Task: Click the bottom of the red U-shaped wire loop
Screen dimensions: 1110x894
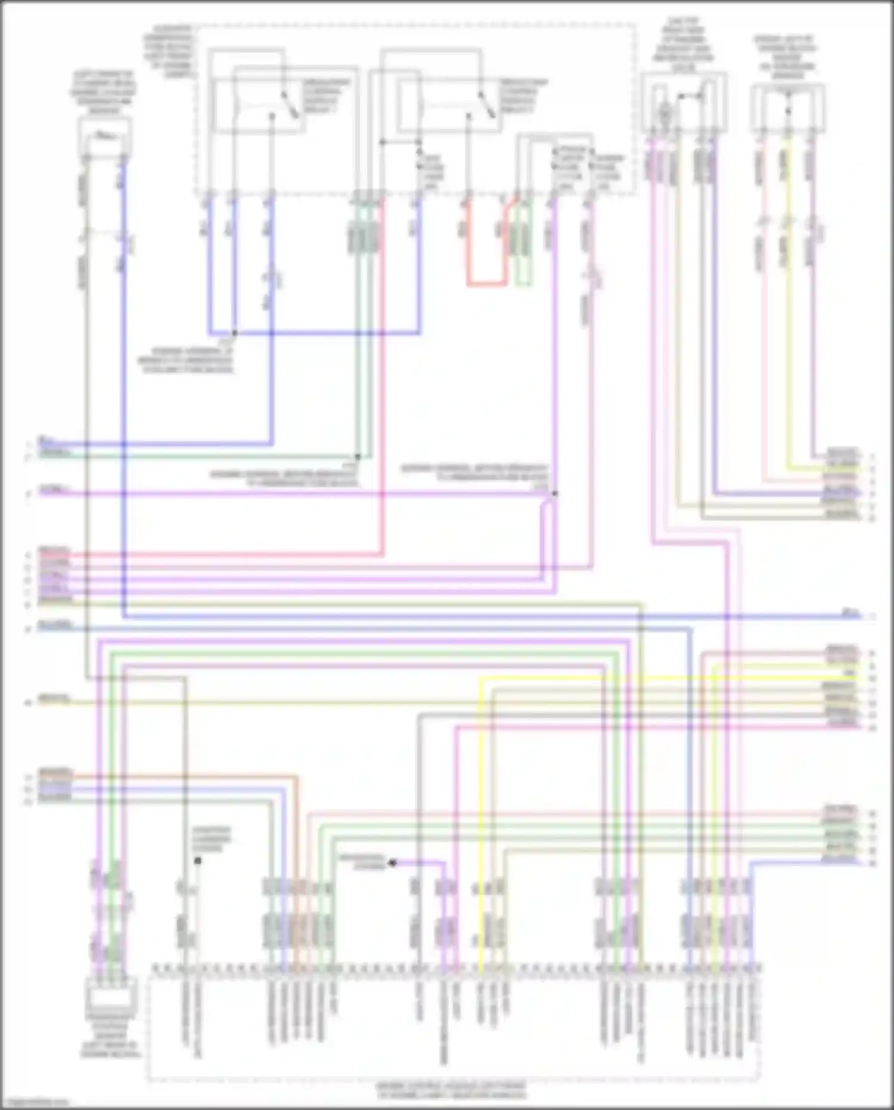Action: pos(486,285)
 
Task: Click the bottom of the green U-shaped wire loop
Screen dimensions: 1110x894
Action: pos(523,285)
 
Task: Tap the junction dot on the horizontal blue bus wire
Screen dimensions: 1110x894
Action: pos(234,333)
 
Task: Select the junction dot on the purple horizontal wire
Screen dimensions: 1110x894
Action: pos(555,494)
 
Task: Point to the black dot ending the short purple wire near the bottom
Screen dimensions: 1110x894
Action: pos(392,862)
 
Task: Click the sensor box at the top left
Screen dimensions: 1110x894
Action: pos(105,137)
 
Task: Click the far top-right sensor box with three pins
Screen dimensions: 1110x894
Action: pos(787,109)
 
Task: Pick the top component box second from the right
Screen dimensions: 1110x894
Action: pos(684,103)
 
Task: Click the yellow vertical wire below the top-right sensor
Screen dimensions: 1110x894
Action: pos(787,298)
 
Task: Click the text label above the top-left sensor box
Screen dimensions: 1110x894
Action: pos(105,92)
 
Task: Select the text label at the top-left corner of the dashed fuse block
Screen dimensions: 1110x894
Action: pos(173,52)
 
